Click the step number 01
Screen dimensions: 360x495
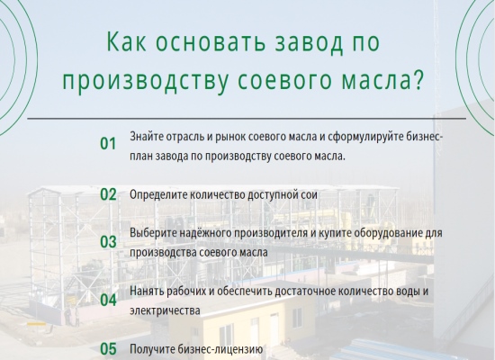[108, 143]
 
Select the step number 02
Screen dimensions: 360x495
[108, 193]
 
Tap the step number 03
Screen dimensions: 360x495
[108, 241]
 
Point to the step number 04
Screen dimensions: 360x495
[108, 300]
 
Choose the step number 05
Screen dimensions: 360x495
[108, 348]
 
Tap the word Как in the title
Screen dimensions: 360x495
[128, 43]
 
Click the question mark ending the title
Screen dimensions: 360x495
[417, 81]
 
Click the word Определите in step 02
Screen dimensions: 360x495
[158, 194]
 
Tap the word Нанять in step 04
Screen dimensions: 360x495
[148, 292]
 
